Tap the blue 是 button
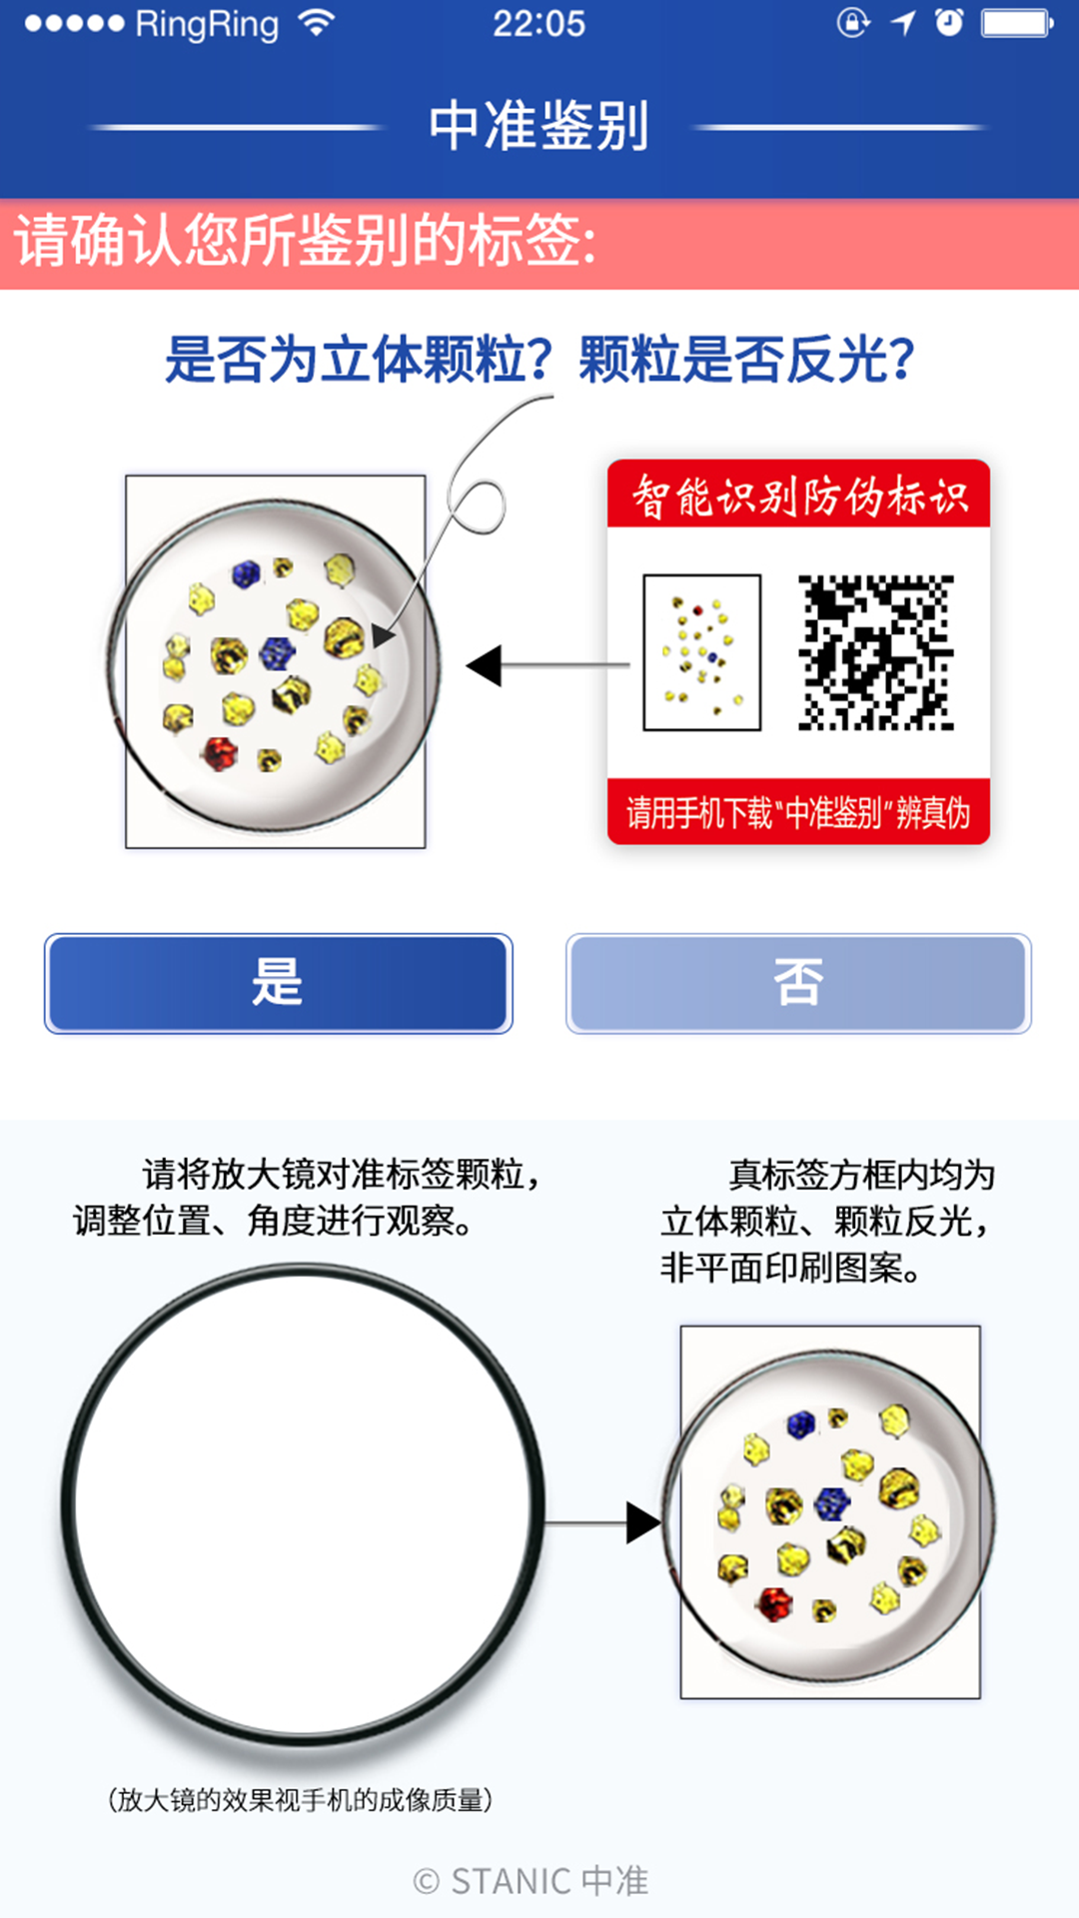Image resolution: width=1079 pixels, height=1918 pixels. coord(278,983)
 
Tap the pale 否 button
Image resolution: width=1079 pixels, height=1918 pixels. coord(798,983)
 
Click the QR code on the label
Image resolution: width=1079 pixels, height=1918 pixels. coord(875,652)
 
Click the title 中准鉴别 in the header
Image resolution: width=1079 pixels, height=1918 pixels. coord(539,126)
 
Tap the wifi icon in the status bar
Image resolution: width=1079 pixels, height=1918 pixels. coord(317,23)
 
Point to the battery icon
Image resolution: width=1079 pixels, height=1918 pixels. coord(1016,23)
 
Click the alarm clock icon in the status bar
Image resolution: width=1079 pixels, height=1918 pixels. coord(949,23)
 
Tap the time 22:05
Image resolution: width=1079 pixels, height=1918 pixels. coord(539,24)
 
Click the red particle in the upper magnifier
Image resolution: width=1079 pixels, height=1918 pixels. coord(218,751)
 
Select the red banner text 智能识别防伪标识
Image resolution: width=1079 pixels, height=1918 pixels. coord(799,495)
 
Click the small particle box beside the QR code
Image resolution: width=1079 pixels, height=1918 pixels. coord(701,652)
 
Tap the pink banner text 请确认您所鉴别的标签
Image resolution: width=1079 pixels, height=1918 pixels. coord(305,243)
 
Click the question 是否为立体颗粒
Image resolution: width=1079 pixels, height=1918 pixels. coord(358,360)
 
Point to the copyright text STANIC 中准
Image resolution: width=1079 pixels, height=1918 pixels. coord(531,1881)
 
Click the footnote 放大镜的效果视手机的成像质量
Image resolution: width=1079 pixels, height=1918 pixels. coord(300,1800)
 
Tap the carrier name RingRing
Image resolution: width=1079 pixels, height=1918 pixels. coord(207,24)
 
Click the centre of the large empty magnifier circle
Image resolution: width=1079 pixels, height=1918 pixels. coord(303,1504)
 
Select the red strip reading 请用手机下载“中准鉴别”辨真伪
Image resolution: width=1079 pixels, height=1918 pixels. coord(798,812)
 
